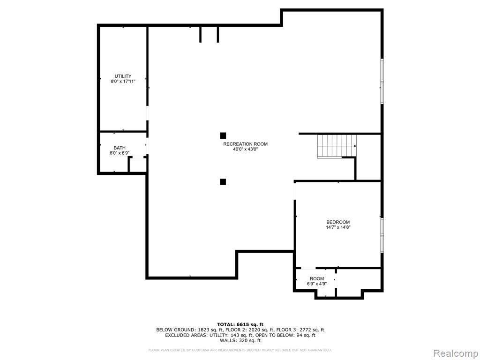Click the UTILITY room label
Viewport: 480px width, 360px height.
coord(123,76)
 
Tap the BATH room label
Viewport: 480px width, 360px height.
coord(120,148)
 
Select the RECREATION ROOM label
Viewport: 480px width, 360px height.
coord(245,144)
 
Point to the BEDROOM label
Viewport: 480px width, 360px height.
coord(338,222)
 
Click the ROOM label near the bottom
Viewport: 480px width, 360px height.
coord(317,279)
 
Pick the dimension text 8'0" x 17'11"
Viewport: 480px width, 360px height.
coord(123,82)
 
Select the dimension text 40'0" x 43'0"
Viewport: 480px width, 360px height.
coord(245,150)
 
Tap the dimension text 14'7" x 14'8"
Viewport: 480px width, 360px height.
coord(338,227)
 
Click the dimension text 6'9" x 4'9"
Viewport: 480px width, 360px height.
coord(317,284)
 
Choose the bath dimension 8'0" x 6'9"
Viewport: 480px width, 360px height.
coord(120,153)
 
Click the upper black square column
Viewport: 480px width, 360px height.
coord(223,135)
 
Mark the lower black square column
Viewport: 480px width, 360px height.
coord(223,182)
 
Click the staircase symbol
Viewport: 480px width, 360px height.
coord(337,146)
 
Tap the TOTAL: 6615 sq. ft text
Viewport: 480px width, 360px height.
coord(240,324)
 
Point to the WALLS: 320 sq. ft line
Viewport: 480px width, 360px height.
coord(240,340)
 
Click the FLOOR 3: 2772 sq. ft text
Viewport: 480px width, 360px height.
coord(300,330)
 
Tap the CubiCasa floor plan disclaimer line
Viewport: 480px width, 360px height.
coord(240,350)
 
